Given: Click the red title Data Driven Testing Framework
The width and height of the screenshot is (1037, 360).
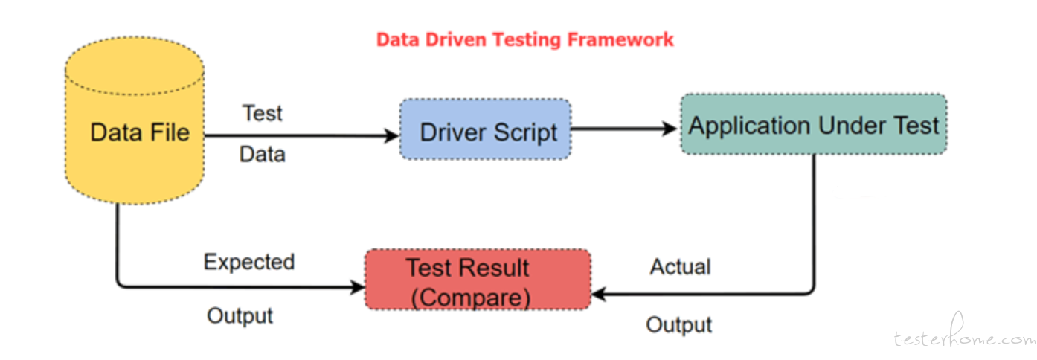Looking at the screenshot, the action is coord(525,40).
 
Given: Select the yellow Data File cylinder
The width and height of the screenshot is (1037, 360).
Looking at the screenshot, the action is coord(135,120).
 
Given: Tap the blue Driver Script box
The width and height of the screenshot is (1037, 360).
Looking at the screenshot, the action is coord(486,129).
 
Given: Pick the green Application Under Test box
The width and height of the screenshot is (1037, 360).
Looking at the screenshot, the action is coord(814,124).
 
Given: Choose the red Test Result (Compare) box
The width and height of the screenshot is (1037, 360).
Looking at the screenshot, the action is coord(478,280).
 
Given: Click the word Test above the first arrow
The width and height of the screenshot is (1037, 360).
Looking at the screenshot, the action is coord(263,113).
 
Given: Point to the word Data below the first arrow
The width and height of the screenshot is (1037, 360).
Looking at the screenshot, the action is coord(262,154).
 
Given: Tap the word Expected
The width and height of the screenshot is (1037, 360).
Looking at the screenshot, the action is coord(249,263).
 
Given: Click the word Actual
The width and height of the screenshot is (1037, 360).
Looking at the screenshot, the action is coord(681,266).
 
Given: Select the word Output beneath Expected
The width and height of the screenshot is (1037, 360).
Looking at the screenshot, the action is coord(240,316).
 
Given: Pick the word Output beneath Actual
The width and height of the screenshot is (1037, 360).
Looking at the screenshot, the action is coord(679,325).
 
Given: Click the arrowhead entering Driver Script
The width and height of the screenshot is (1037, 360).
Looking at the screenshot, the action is coord(391,135).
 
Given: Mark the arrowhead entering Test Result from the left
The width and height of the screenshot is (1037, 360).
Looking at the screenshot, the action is coord(357,287).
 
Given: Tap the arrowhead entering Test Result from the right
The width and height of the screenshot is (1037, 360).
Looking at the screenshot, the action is coord(599,294).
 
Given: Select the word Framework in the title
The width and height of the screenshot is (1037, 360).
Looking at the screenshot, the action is coord(621,40).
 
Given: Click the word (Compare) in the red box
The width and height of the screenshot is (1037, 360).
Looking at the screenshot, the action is coord(471,298).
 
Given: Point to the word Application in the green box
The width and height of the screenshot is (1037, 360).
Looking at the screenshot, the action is coord(750,126).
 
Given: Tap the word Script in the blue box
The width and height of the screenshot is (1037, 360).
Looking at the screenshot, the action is coord(525,133).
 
